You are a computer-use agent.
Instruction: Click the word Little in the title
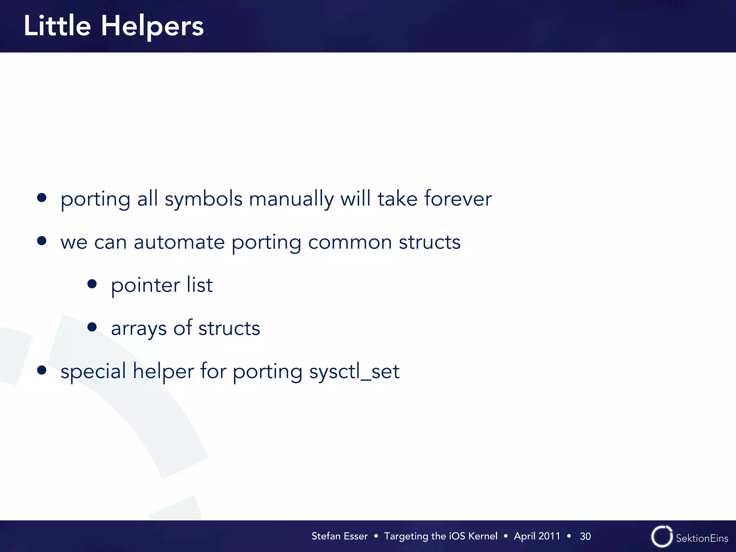(57, 26)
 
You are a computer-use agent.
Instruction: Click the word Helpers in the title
(152, 27)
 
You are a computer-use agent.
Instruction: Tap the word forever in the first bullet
(457, 198)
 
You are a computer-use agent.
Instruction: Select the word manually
(291, 199)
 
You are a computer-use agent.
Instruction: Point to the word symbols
(203, 199)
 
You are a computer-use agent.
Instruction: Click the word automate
(179, 242)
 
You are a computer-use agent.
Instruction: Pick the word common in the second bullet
(350, 242)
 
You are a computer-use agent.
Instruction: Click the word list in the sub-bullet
(199, 285)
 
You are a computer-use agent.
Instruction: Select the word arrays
(139, 328)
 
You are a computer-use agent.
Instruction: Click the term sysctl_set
(354, 371)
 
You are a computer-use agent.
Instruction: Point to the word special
(93, 372)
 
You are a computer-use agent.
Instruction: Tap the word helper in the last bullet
(163, 371)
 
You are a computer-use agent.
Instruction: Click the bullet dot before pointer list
(92, 284)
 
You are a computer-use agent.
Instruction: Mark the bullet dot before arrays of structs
(92, 327)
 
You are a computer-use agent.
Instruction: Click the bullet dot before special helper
(42, 370)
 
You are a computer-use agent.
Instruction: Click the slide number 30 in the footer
(585, 536)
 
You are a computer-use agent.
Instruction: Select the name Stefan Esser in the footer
(339, 536)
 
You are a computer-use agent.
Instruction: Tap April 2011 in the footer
(537, 536)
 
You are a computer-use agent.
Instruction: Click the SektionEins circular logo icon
(662, 537)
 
